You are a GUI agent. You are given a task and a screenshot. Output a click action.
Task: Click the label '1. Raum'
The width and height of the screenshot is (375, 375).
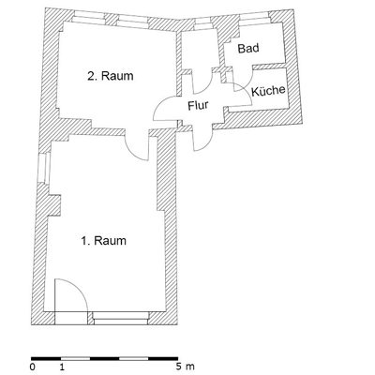[103, 240]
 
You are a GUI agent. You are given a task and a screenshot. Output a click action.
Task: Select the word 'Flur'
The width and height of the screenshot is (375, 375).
[198, 105]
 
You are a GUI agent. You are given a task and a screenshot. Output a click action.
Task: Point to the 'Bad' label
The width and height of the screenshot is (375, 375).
[247, 48]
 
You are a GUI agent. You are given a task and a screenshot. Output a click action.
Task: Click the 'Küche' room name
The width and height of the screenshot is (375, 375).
[268, 90]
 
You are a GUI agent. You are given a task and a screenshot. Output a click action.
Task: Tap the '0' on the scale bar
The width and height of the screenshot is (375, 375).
[33, 367]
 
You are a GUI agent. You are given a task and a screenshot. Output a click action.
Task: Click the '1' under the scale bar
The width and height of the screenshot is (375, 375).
[62, 367]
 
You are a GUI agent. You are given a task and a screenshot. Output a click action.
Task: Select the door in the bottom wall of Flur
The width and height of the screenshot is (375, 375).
[201, 138]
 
